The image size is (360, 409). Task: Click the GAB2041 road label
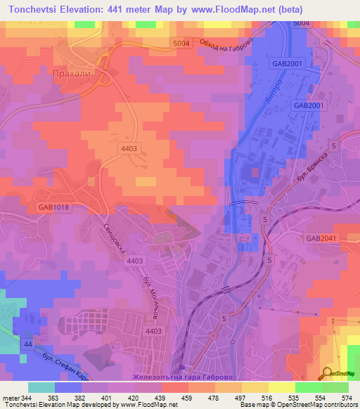(x=322, y=238)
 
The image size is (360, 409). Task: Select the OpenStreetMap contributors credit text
(x=323, y=405)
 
